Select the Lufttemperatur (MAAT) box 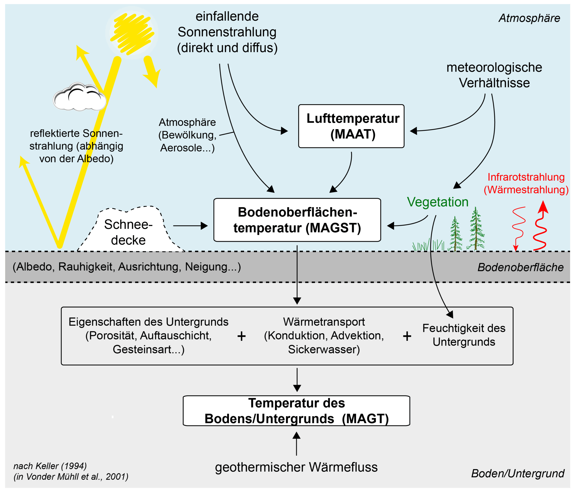click(x=351, y=126)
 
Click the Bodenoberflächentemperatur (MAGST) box click(x=297, y=220)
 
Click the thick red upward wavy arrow click(x=541, y=227)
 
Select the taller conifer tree click(x=476, y=229)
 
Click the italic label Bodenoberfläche click(x=520, y=267)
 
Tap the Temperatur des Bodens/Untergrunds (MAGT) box click(x=296, y=411)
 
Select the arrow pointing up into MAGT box click(x=296, y=443)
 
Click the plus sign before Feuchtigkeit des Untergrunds click(x=407, y=336)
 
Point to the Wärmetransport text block click(x=324, y=335)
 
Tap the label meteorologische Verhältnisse click(x=494, y=75)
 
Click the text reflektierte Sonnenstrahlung click(x=76, y=146)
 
